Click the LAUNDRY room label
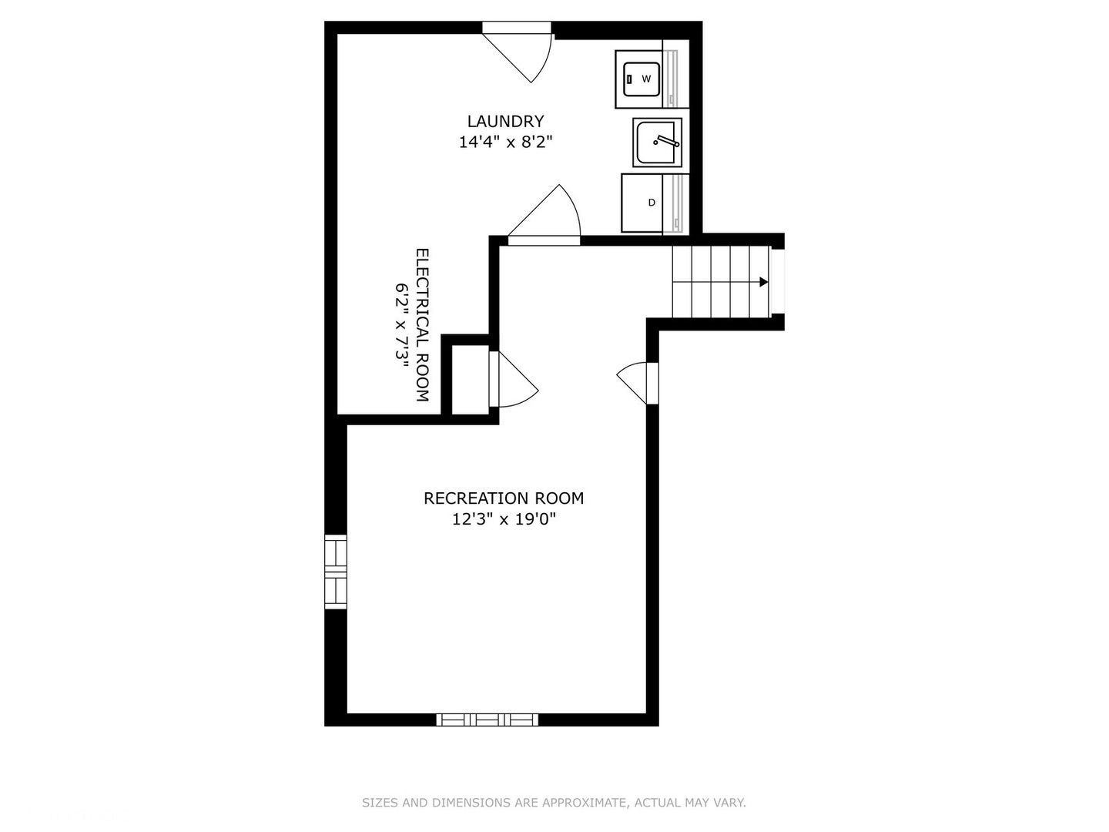pos(505,121)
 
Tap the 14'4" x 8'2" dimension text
pos(505,143)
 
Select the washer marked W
pos(638,79)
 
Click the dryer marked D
pos(642,203)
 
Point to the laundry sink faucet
pos(666,141)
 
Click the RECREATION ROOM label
pos(503,498)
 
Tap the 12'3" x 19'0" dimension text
pos(504,519)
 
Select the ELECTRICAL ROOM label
pos(422,325)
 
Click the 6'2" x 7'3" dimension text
pos(402,322)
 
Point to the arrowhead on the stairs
pos(763,282)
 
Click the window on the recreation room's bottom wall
pos(487,720)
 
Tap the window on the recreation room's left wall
pos(336,572)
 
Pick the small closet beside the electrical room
pos(470,380)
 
